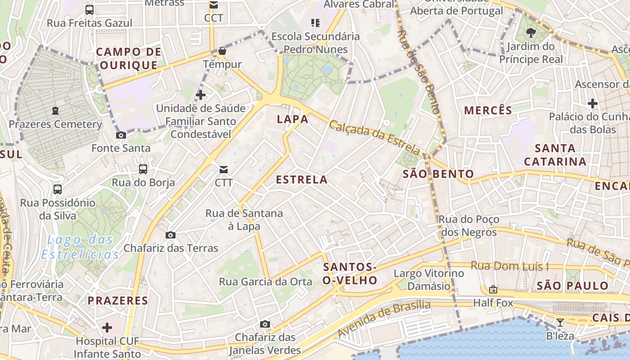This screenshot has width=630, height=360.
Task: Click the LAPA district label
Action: pos(292,119)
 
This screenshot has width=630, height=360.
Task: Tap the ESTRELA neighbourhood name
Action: pos(301,180)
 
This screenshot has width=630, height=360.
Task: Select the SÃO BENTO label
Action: pos(438,174)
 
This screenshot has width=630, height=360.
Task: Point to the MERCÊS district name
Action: pos(488,110)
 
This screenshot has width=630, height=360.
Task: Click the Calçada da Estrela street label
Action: pos(374,138)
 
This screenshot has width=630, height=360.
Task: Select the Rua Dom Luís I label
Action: pos(509,266)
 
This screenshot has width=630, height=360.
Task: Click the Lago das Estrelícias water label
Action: pos(80,247)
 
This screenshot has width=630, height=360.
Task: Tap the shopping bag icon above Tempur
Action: pos(222,51)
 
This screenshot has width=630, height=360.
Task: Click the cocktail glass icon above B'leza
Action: pos(560,322)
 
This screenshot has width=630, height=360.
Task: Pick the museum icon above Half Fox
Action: pos(493,289)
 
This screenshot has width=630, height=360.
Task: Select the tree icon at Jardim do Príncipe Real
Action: pos(531,32)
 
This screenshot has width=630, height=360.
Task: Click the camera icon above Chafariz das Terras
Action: pos(171,235)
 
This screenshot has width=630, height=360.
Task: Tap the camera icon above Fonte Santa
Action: pos(121,135)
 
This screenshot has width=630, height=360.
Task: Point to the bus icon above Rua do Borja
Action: pos(143,169)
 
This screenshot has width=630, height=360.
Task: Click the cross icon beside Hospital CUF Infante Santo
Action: pos(107,327)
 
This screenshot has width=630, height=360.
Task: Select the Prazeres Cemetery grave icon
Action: pos(55,111)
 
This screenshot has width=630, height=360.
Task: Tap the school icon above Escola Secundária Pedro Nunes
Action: pos(315,22)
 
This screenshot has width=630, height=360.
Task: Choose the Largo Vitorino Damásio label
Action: pos(428,279)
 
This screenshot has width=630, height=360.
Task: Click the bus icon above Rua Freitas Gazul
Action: pos(90,9)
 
